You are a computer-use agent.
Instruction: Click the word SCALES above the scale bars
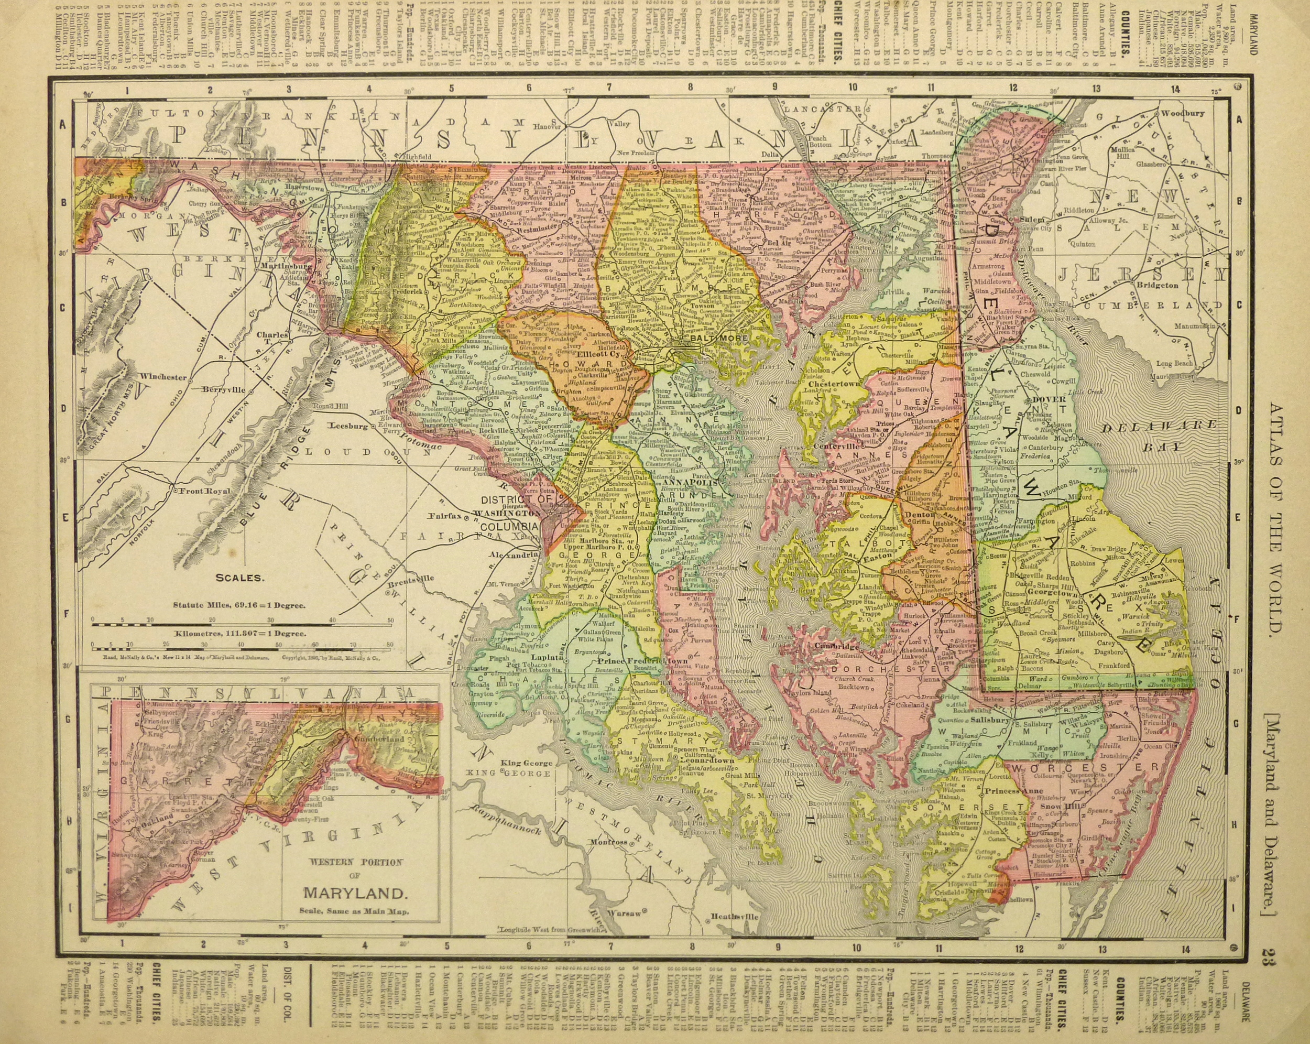(241, 578)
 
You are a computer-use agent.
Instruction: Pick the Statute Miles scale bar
(243, 622)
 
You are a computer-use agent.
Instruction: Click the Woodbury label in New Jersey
(1182, 113)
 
